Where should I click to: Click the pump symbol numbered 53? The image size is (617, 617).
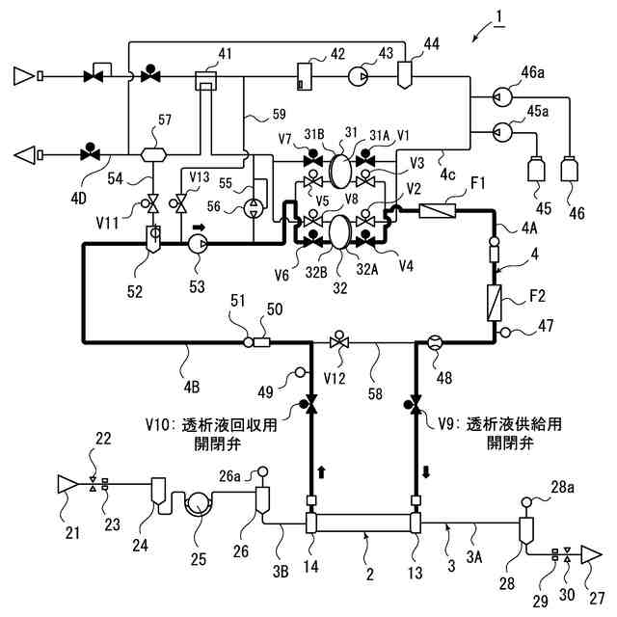coord(199,244)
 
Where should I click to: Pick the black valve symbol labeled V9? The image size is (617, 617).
coord(416,402)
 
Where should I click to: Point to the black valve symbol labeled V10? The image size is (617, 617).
coord(311,402)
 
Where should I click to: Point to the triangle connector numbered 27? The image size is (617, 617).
coord(590,554)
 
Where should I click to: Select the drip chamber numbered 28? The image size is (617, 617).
coord(526,530)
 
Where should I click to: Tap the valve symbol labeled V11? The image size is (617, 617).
coord(151,203)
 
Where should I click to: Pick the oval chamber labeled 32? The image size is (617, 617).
coord(339,231)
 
